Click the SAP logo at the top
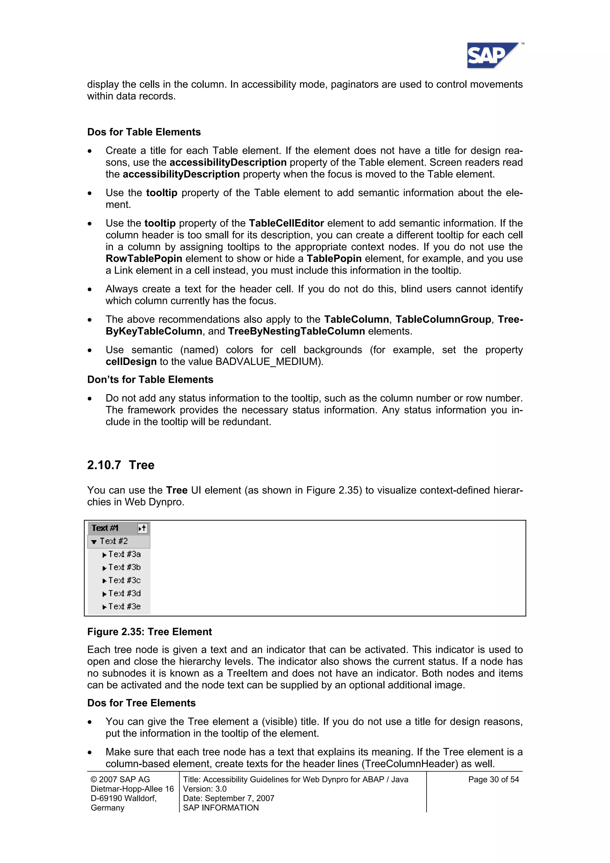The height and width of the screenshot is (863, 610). [x=492, y=56]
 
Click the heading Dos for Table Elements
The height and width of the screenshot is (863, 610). [x=144, y=132]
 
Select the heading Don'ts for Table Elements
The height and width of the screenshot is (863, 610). [x=150, y=380]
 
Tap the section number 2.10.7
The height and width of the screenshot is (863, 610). [x=104, y=465]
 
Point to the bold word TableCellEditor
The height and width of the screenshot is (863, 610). [x=287, y=223]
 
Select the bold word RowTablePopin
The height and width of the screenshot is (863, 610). [x=144, y=259]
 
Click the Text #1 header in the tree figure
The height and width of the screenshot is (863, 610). [x=105, y=528]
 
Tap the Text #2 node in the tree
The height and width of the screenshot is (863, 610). [x=113, y=541]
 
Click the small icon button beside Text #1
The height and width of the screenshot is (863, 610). [x=142, y=528]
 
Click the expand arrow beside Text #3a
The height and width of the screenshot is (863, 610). [x=104, y=555]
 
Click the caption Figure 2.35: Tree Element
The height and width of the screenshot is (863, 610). [x=150, y=632]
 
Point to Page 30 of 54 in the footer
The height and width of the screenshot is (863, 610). [x=493, y=779]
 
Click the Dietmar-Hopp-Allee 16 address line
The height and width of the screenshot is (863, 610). [x=132, y=789]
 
